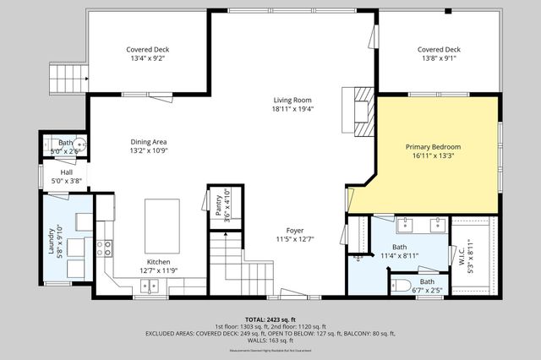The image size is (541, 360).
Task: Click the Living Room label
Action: (292, 100)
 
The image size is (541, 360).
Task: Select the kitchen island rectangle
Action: (161, 221)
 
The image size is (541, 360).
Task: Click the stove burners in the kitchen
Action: (105, 248)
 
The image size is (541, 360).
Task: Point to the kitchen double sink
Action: (149, 286)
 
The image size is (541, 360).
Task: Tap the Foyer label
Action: (294, 229)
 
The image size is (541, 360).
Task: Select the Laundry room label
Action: (52, 240)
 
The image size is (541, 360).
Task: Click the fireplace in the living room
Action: (361, 111)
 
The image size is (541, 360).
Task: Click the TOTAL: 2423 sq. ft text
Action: (270, 319)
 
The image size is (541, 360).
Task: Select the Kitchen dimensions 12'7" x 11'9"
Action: (159, 271)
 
